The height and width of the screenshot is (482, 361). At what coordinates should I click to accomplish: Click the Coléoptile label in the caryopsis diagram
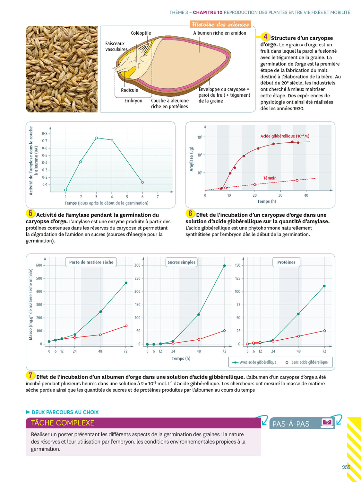pos(141,33)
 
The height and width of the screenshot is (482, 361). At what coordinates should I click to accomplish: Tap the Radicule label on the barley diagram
pos(129,90)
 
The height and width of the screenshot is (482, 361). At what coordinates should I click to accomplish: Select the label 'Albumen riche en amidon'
pos(219,33)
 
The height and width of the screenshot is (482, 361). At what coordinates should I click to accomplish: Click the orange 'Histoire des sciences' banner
pos(220,24)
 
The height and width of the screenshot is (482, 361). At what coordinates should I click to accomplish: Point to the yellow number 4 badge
pos(265,37)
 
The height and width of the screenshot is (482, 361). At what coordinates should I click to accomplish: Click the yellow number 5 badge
pos(30,213)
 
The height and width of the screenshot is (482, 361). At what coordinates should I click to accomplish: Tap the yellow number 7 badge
pos(30,375)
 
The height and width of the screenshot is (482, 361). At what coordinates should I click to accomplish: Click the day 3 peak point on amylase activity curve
pos(97,138)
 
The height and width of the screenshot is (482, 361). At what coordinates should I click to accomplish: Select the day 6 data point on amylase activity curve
pos(142,183)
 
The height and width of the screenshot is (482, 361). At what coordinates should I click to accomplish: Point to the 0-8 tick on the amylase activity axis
pos(45,134)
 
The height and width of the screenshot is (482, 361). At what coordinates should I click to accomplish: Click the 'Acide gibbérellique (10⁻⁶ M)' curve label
pos(285,136)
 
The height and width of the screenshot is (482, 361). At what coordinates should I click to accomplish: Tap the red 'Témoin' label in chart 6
pos(270,178)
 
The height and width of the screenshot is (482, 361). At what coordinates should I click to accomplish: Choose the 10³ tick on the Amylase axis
pos(200,138)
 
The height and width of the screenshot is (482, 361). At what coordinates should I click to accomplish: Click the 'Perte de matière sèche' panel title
pos(91,262)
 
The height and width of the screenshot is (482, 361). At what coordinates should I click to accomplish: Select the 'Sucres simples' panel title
pos(181,262)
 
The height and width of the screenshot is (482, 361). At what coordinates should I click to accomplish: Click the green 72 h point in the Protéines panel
pos(324,286)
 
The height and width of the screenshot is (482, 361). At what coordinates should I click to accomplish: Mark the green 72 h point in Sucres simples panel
pos(224,266)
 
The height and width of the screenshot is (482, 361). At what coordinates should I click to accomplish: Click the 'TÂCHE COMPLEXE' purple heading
pos(63,423)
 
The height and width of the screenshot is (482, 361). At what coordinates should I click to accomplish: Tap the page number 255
pos(346,468)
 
